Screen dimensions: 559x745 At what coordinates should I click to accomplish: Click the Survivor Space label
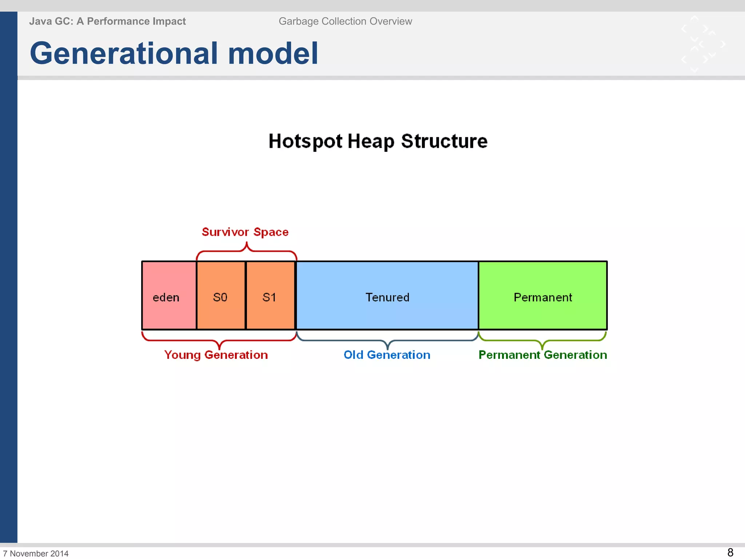(245, 232)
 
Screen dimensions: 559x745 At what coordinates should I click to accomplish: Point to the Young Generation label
(216, 355)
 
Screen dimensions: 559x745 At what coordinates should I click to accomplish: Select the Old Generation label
(387, 355)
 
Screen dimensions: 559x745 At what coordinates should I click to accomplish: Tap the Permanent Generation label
(542, 355)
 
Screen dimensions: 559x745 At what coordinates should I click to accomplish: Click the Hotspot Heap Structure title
(378, 141)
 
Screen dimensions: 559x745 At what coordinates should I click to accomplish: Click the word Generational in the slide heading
(124, 53)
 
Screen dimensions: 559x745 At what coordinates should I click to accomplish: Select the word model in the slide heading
(273, 53)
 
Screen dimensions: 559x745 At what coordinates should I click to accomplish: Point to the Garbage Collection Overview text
(345, 21)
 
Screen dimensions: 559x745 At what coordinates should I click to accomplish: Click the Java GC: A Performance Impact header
(107, 21)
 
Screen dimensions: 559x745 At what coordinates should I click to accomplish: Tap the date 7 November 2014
(36, 553)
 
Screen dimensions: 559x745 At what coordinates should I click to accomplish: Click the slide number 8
(730, 552)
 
